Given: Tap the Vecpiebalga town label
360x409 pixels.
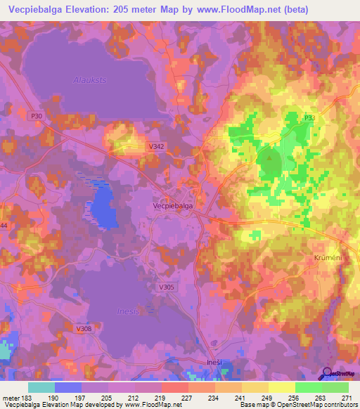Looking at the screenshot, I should (x=173, y=206).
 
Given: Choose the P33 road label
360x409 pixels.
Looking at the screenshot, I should (x=310, y=118).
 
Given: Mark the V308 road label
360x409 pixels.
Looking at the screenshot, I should (x=84, y=328).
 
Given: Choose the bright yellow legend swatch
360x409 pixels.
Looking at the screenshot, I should (x=281, y=387).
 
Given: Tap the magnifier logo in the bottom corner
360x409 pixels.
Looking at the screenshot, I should (x=326, y=374).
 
